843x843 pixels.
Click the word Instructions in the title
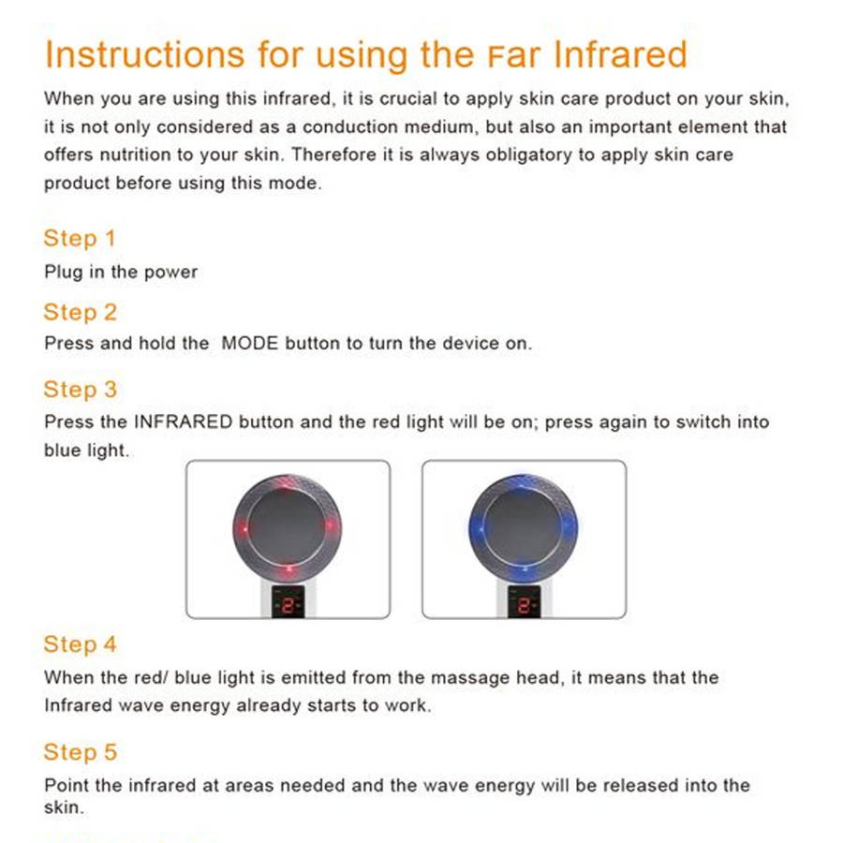tap(144, 54)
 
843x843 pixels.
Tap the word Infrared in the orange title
tap(620, 54)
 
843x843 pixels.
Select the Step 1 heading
tap(80, 238)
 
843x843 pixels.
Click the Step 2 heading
tap(81, 312)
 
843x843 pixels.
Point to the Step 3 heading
tap(81, 390)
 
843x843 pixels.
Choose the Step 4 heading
tap(81, 644)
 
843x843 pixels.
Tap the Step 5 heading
tap(81, 752)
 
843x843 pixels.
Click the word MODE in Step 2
tap(250, 343)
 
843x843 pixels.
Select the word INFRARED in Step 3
tap(184, 421)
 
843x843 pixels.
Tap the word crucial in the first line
tap(408, 98)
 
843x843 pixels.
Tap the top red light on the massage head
tap(284, 486)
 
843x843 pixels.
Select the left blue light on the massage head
tap(480, 528)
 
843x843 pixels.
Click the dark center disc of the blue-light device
tap(523, 526)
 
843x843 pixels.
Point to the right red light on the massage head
tap(330, 525)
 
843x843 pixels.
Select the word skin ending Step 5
tap(63, 807)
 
